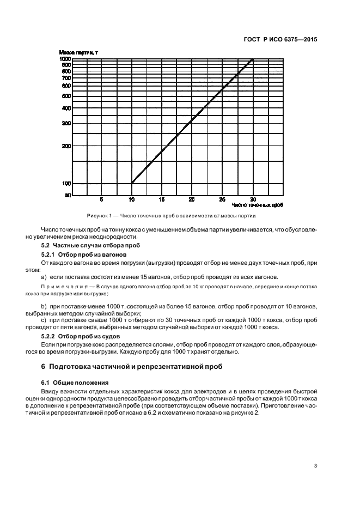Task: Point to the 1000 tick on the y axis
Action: coord(65,58)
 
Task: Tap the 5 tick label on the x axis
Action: coord(101,199)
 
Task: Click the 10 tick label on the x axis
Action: coord(131,199)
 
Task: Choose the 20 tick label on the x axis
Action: coord(192,199)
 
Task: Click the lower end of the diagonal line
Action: coord(132,183)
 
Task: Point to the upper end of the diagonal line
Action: coord(252,59)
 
